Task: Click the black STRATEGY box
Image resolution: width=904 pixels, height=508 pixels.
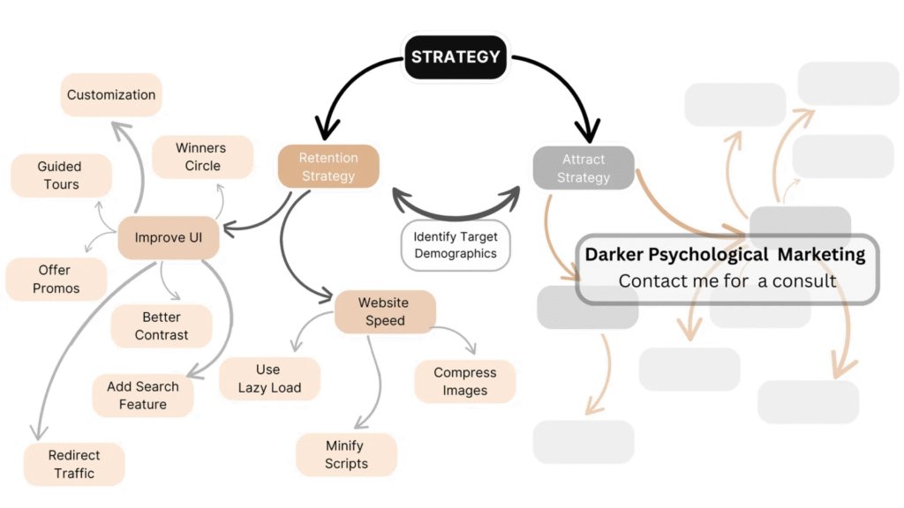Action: tap(456, 57)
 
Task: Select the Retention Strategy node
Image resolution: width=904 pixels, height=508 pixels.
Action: tap(328, 167)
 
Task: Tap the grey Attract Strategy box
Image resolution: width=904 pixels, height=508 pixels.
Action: tap(584, 168)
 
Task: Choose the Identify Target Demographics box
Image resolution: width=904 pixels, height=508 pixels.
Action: tap(456, 245)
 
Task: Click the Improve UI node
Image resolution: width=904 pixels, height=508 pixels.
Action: tap(169, 237)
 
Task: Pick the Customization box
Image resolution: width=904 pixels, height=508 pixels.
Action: tap(111, 94)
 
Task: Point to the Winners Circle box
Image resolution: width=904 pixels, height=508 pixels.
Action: tap(202, 157)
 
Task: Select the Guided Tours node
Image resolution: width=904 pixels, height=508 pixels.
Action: tap(60, 176)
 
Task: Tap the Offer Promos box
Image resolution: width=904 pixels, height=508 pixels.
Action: tap(56, 279)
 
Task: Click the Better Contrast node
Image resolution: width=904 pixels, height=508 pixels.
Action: tap(162, 325)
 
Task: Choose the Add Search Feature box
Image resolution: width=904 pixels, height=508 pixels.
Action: tap(143, 395)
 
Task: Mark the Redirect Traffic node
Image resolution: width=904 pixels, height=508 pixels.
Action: tap(74, 464)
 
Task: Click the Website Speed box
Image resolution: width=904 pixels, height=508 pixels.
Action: tap(384, 311)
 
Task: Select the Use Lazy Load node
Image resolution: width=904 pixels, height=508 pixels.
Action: tap(269, 378)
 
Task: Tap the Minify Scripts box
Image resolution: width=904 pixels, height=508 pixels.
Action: tap(347, 455)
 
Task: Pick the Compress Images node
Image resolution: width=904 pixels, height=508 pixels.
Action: tap(465, 381)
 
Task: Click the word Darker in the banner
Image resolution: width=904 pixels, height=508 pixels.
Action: tap(614, 255)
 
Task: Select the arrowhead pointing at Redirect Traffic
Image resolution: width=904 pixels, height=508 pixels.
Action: tap(37, 431)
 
